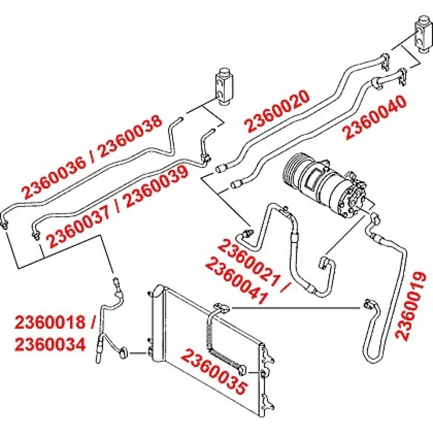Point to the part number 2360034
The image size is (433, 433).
coord(50,344)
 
